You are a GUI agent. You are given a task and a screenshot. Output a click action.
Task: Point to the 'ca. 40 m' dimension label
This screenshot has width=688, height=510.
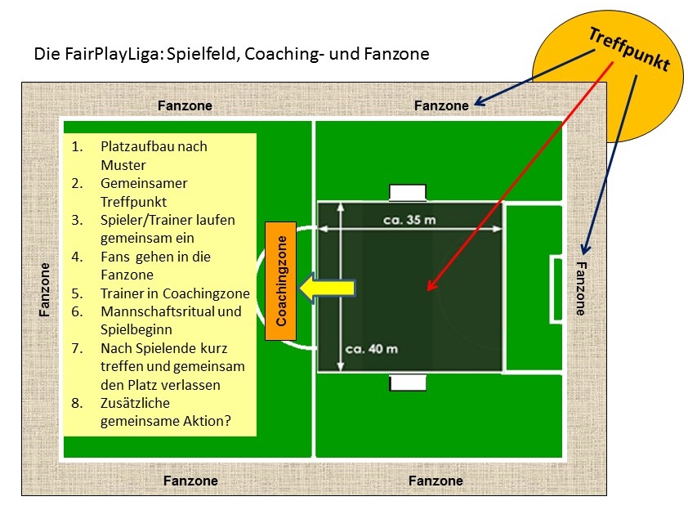(371, 349)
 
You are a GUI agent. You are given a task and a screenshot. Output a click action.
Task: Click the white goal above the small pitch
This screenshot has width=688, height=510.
(408, 193)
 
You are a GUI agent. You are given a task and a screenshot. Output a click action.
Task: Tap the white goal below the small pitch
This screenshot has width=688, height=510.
(408, 382)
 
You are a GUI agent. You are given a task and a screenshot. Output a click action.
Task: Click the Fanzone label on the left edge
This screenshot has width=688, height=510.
(46, 289)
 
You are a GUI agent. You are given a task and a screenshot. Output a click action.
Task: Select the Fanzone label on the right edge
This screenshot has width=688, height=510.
(581, 288)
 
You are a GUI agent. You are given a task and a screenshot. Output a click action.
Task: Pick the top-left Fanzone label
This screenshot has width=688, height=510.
(185, 105)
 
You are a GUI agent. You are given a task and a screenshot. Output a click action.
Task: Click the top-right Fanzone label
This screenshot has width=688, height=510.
(441, 105)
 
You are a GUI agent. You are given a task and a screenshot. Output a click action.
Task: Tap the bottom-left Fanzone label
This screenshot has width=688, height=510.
(190, 481)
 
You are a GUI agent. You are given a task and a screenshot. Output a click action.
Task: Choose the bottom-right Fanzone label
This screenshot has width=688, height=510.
(436, 481)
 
